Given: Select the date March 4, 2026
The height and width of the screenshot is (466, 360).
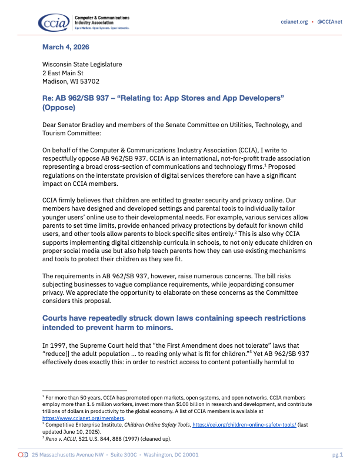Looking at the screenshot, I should point(66,46).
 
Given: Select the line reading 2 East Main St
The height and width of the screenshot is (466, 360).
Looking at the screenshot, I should point(67,72).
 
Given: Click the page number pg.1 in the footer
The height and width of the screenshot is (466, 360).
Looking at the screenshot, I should point(337,455).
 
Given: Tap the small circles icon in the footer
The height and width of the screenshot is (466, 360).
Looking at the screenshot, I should point(23,455).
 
